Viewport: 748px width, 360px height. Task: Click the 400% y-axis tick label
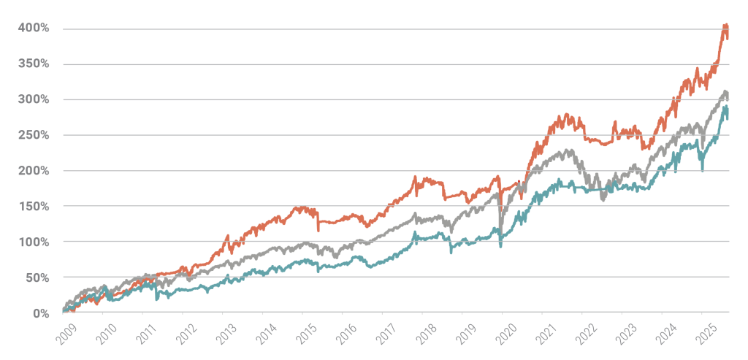coord(34,28)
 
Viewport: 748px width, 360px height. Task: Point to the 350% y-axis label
coord(34,64)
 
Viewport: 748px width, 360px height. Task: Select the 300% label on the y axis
coord(34,99)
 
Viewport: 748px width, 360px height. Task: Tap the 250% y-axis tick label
coord(34,135)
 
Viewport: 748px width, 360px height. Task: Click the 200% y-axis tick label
coord(34,171)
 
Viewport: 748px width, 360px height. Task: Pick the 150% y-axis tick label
coord(34,206)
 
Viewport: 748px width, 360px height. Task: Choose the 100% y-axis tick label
coord(34,242)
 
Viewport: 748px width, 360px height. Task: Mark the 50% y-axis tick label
coord(37,277)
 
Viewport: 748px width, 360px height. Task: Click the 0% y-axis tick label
coord(40,313)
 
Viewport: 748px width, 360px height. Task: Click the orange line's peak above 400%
coord(725,26)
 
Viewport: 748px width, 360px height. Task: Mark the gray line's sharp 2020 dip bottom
coord(500,228)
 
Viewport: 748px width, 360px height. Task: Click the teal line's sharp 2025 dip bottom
coord(703,170)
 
